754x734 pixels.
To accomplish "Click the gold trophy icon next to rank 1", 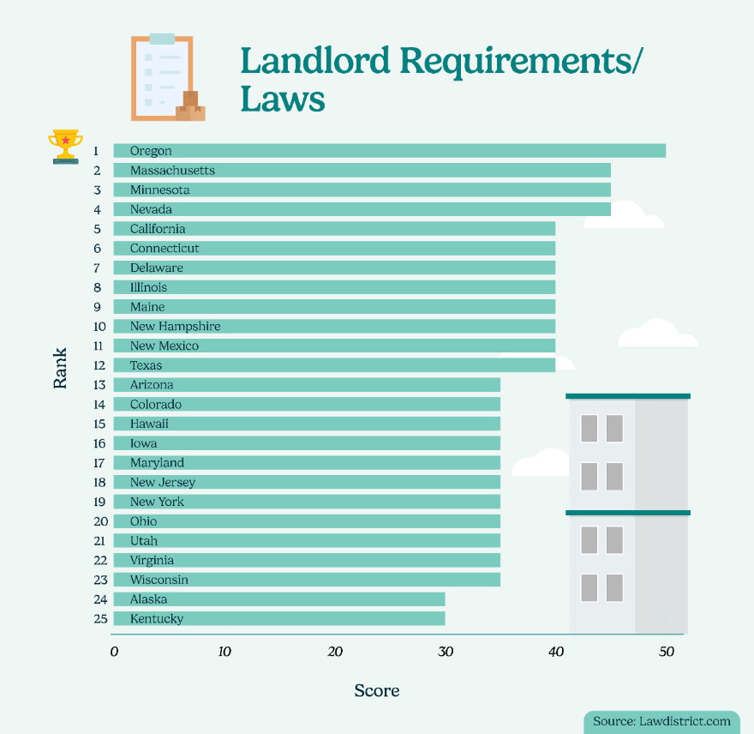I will click(66, 147).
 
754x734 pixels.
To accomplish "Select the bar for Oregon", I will click(389, 151).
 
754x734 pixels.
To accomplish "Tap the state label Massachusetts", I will click(172, 171).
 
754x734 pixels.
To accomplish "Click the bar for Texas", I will click(334, 365).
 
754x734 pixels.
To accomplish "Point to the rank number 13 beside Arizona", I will click(99, 385).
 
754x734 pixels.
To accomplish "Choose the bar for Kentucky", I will click(278, 618).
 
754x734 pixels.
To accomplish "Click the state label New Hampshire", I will click(175, 327).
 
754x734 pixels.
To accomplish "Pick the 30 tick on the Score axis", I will click(446, 652).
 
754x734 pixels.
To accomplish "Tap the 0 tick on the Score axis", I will click(114, 652).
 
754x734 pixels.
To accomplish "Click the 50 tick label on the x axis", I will click(666, 652).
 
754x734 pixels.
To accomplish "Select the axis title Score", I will click(377, 690).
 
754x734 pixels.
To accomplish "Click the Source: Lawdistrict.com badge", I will click(662, 721).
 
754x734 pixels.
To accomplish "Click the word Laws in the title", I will click(283, 99).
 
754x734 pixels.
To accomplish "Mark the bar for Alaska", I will click(278, 599).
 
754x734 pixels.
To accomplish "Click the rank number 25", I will click(99, 619).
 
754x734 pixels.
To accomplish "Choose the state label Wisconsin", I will click(159, 580).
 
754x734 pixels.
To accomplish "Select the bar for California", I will click(334, 229).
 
